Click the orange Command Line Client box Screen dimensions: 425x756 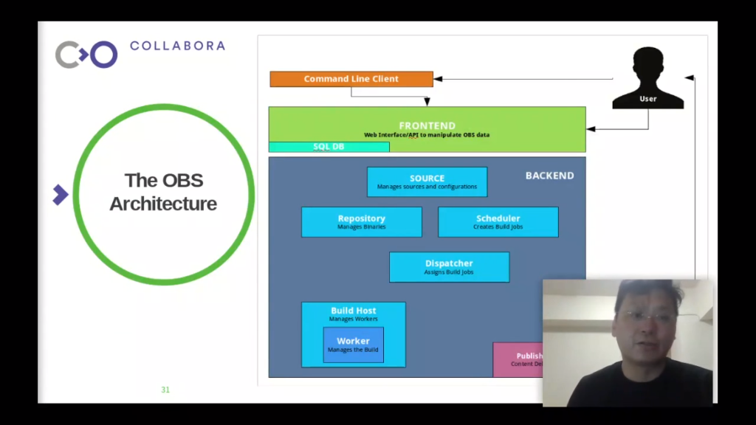point(351,79)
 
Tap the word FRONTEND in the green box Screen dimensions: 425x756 point(427,125)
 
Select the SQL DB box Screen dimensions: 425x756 point(329,147)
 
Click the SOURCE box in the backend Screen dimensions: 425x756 point(427,182)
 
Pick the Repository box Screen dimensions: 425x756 point(361,222)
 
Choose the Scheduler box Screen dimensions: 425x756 point(498,222)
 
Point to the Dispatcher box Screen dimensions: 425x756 point(449,267)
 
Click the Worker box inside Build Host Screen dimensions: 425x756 point(353,345)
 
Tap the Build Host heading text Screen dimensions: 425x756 point(353,311)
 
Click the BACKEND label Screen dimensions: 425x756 point(549,176)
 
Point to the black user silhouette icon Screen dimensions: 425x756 point(647,78)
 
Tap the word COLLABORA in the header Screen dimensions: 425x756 point(177,46)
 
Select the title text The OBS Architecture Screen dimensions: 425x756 point(163,192)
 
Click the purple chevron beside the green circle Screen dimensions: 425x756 point(61,195)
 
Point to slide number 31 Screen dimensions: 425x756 point(165,390)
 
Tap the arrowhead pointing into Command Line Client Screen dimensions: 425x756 point(438,79)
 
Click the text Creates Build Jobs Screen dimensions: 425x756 point(498,227)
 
